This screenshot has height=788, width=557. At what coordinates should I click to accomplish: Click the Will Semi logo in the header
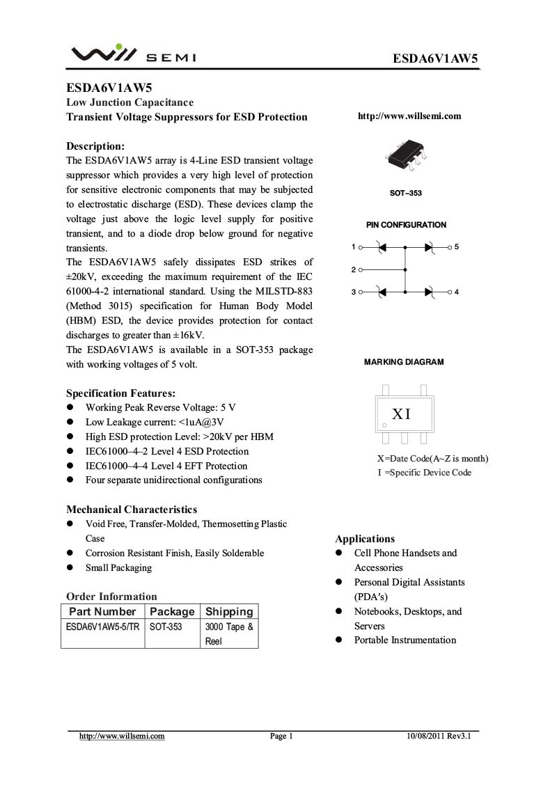(x=133, y=54)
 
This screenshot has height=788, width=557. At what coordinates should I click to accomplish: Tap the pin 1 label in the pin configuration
(x=354, y=247)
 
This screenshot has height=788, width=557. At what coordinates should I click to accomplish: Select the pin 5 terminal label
(x=457, y=247)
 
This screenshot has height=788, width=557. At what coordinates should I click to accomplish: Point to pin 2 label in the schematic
(x=354, y=269)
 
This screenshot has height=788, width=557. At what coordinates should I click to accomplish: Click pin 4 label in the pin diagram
(x=457, y=292)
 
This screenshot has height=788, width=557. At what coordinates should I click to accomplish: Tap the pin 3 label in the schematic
(x=354, y=292)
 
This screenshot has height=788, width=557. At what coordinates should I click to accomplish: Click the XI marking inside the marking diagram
(x=402, y=415)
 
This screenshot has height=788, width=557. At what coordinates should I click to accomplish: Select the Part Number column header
(x=102, y=612)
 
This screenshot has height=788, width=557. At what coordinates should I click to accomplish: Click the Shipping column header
(x=229, y=612)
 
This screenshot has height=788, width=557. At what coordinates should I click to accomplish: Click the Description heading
(x=95, y=146)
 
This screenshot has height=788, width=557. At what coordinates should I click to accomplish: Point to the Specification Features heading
(x=120, y=393)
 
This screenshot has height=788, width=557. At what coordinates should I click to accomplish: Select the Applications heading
(x=365, y=539)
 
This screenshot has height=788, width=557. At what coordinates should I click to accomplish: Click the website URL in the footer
(x=122, y=736)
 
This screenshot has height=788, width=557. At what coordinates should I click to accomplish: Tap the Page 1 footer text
(x=281, y=736)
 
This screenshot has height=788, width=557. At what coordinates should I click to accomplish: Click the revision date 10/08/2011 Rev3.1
(x=439, y=736)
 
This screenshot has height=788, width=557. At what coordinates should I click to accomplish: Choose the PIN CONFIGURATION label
(x=406, y=225)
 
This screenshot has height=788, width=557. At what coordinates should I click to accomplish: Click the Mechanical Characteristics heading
(x=132, y=510)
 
